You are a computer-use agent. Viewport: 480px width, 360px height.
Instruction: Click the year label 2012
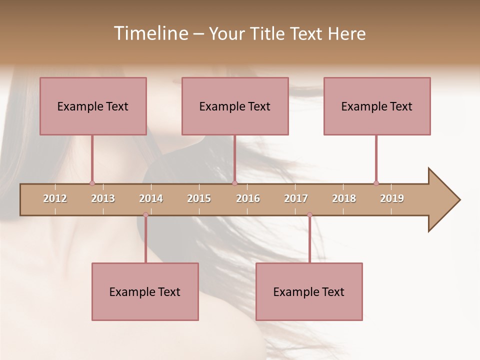[x=55, y=198]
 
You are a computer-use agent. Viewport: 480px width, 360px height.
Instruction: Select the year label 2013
[x=103, y=198]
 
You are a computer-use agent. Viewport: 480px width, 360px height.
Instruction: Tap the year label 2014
[x=151, y=198]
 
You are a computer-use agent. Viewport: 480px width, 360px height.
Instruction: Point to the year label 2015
[x=199, y=198]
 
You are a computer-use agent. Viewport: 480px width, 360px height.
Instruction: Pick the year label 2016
[x=248, y=198]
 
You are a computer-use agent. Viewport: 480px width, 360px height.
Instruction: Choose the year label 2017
[x=296, y=198]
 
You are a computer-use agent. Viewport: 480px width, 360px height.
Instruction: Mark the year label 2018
[x=344, y=198]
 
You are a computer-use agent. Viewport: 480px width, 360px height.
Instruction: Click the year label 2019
[x=392, y=198]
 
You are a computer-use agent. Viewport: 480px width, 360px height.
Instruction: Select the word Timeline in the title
[x=150, y=33]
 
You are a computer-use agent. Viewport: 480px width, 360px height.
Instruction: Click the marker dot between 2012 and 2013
[x=92, y=183]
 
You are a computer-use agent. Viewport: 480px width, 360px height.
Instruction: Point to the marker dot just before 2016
[x=234, y=183]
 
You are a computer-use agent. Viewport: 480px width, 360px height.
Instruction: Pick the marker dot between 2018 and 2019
[x=376, y=183]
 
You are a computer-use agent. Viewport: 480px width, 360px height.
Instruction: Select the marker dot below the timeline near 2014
[x=145, y=215]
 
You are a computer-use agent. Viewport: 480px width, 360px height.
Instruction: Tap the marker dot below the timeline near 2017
[x=309, y=215]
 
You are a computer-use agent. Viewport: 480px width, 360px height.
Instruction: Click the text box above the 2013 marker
[x=93, y=106]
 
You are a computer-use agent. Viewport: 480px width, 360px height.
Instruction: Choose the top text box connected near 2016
[x=235, y=106]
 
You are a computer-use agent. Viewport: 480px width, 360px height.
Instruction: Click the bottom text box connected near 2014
[x=145, y=291]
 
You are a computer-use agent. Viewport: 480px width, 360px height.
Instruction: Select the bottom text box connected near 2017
[x=309, y=291]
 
